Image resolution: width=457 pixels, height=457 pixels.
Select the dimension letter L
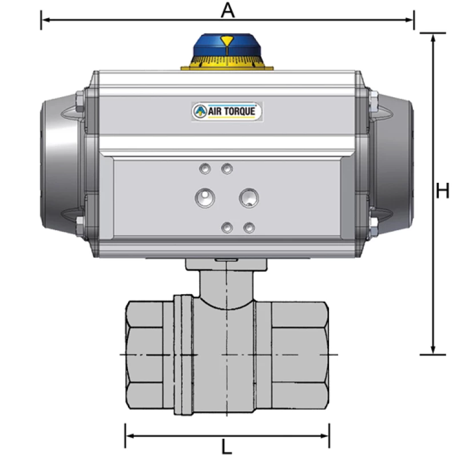[x=227, y=446]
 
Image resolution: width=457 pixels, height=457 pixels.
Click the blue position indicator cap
[x=227, y=46]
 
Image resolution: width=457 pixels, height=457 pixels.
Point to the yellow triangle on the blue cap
[x=227, y=41]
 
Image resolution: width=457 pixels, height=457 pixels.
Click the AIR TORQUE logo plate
[x=227, y=111]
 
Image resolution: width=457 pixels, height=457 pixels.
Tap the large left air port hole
[x=203, y=198]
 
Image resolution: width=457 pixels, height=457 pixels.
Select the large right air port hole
[x=248, y=198]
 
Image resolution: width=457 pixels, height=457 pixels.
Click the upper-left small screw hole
[x=205, y=168]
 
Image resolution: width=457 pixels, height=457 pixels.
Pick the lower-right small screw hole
[x=248, y=227]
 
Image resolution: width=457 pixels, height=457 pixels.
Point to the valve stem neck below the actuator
[x=227, y=286]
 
